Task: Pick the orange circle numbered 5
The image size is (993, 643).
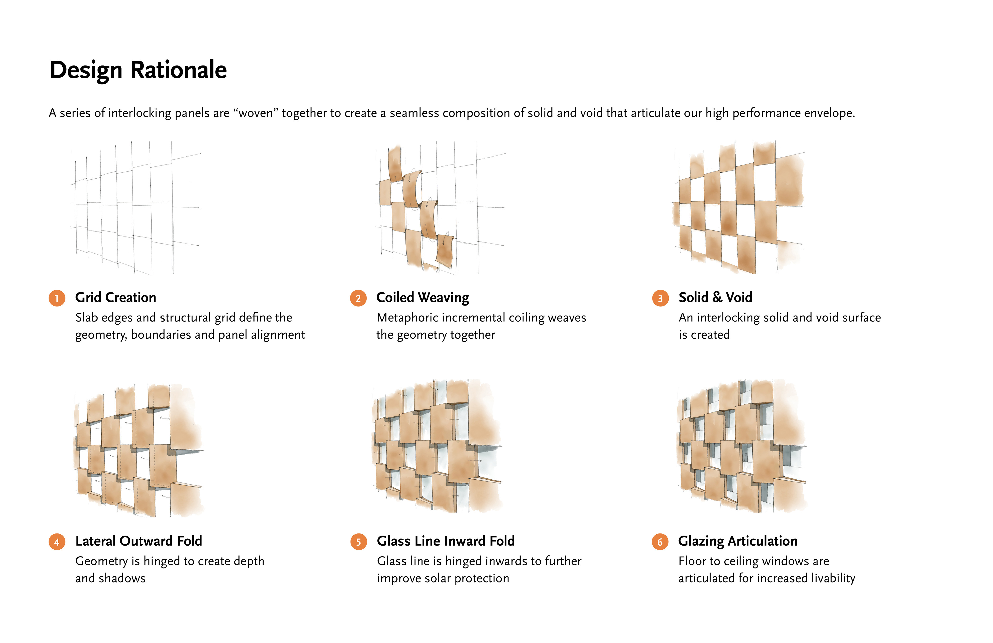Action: [x=358, y=542]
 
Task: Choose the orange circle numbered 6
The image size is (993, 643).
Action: [x=660, y=542]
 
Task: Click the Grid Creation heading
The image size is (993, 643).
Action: [x=116, y=297]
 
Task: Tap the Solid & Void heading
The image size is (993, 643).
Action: [x=715, y=297]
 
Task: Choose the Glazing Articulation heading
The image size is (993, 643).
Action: [x=738, y=541]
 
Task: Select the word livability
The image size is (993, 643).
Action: [x=833, y=578]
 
